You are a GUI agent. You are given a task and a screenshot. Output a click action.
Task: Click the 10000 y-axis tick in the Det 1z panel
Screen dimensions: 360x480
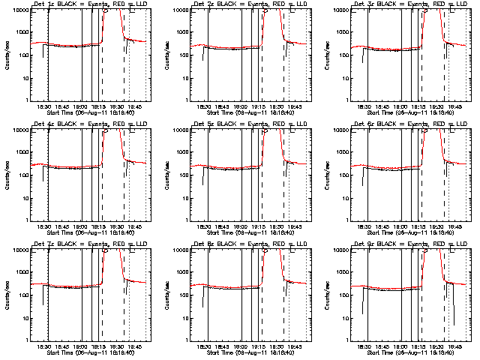(x=17, y=10)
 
